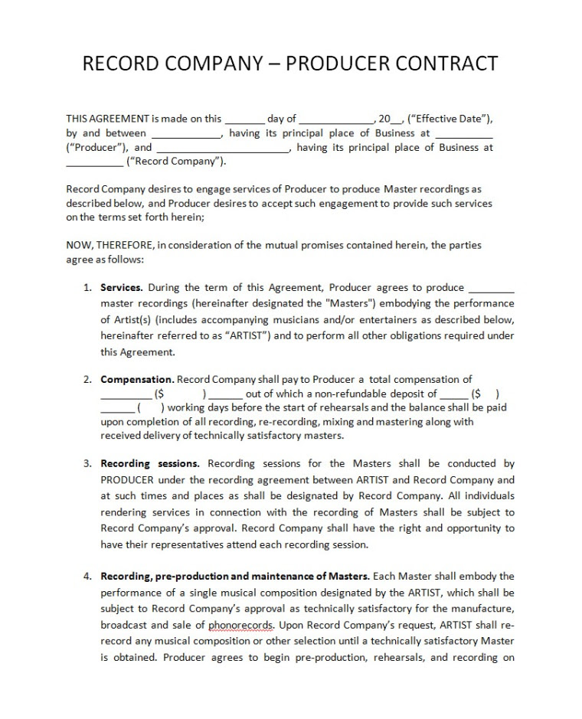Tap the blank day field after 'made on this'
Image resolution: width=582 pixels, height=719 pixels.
(244, 119)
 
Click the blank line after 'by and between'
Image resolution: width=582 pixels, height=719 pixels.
(185, 133)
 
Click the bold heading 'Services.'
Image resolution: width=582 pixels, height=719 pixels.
(122, 288)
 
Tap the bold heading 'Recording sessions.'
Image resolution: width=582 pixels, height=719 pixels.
(150, 463)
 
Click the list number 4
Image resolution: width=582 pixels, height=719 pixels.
(87, 576)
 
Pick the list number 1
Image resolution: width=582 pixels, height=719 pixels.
(87, 288)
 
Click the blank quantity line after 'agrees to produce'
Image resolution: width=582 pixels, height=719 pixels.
(491, 288)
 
